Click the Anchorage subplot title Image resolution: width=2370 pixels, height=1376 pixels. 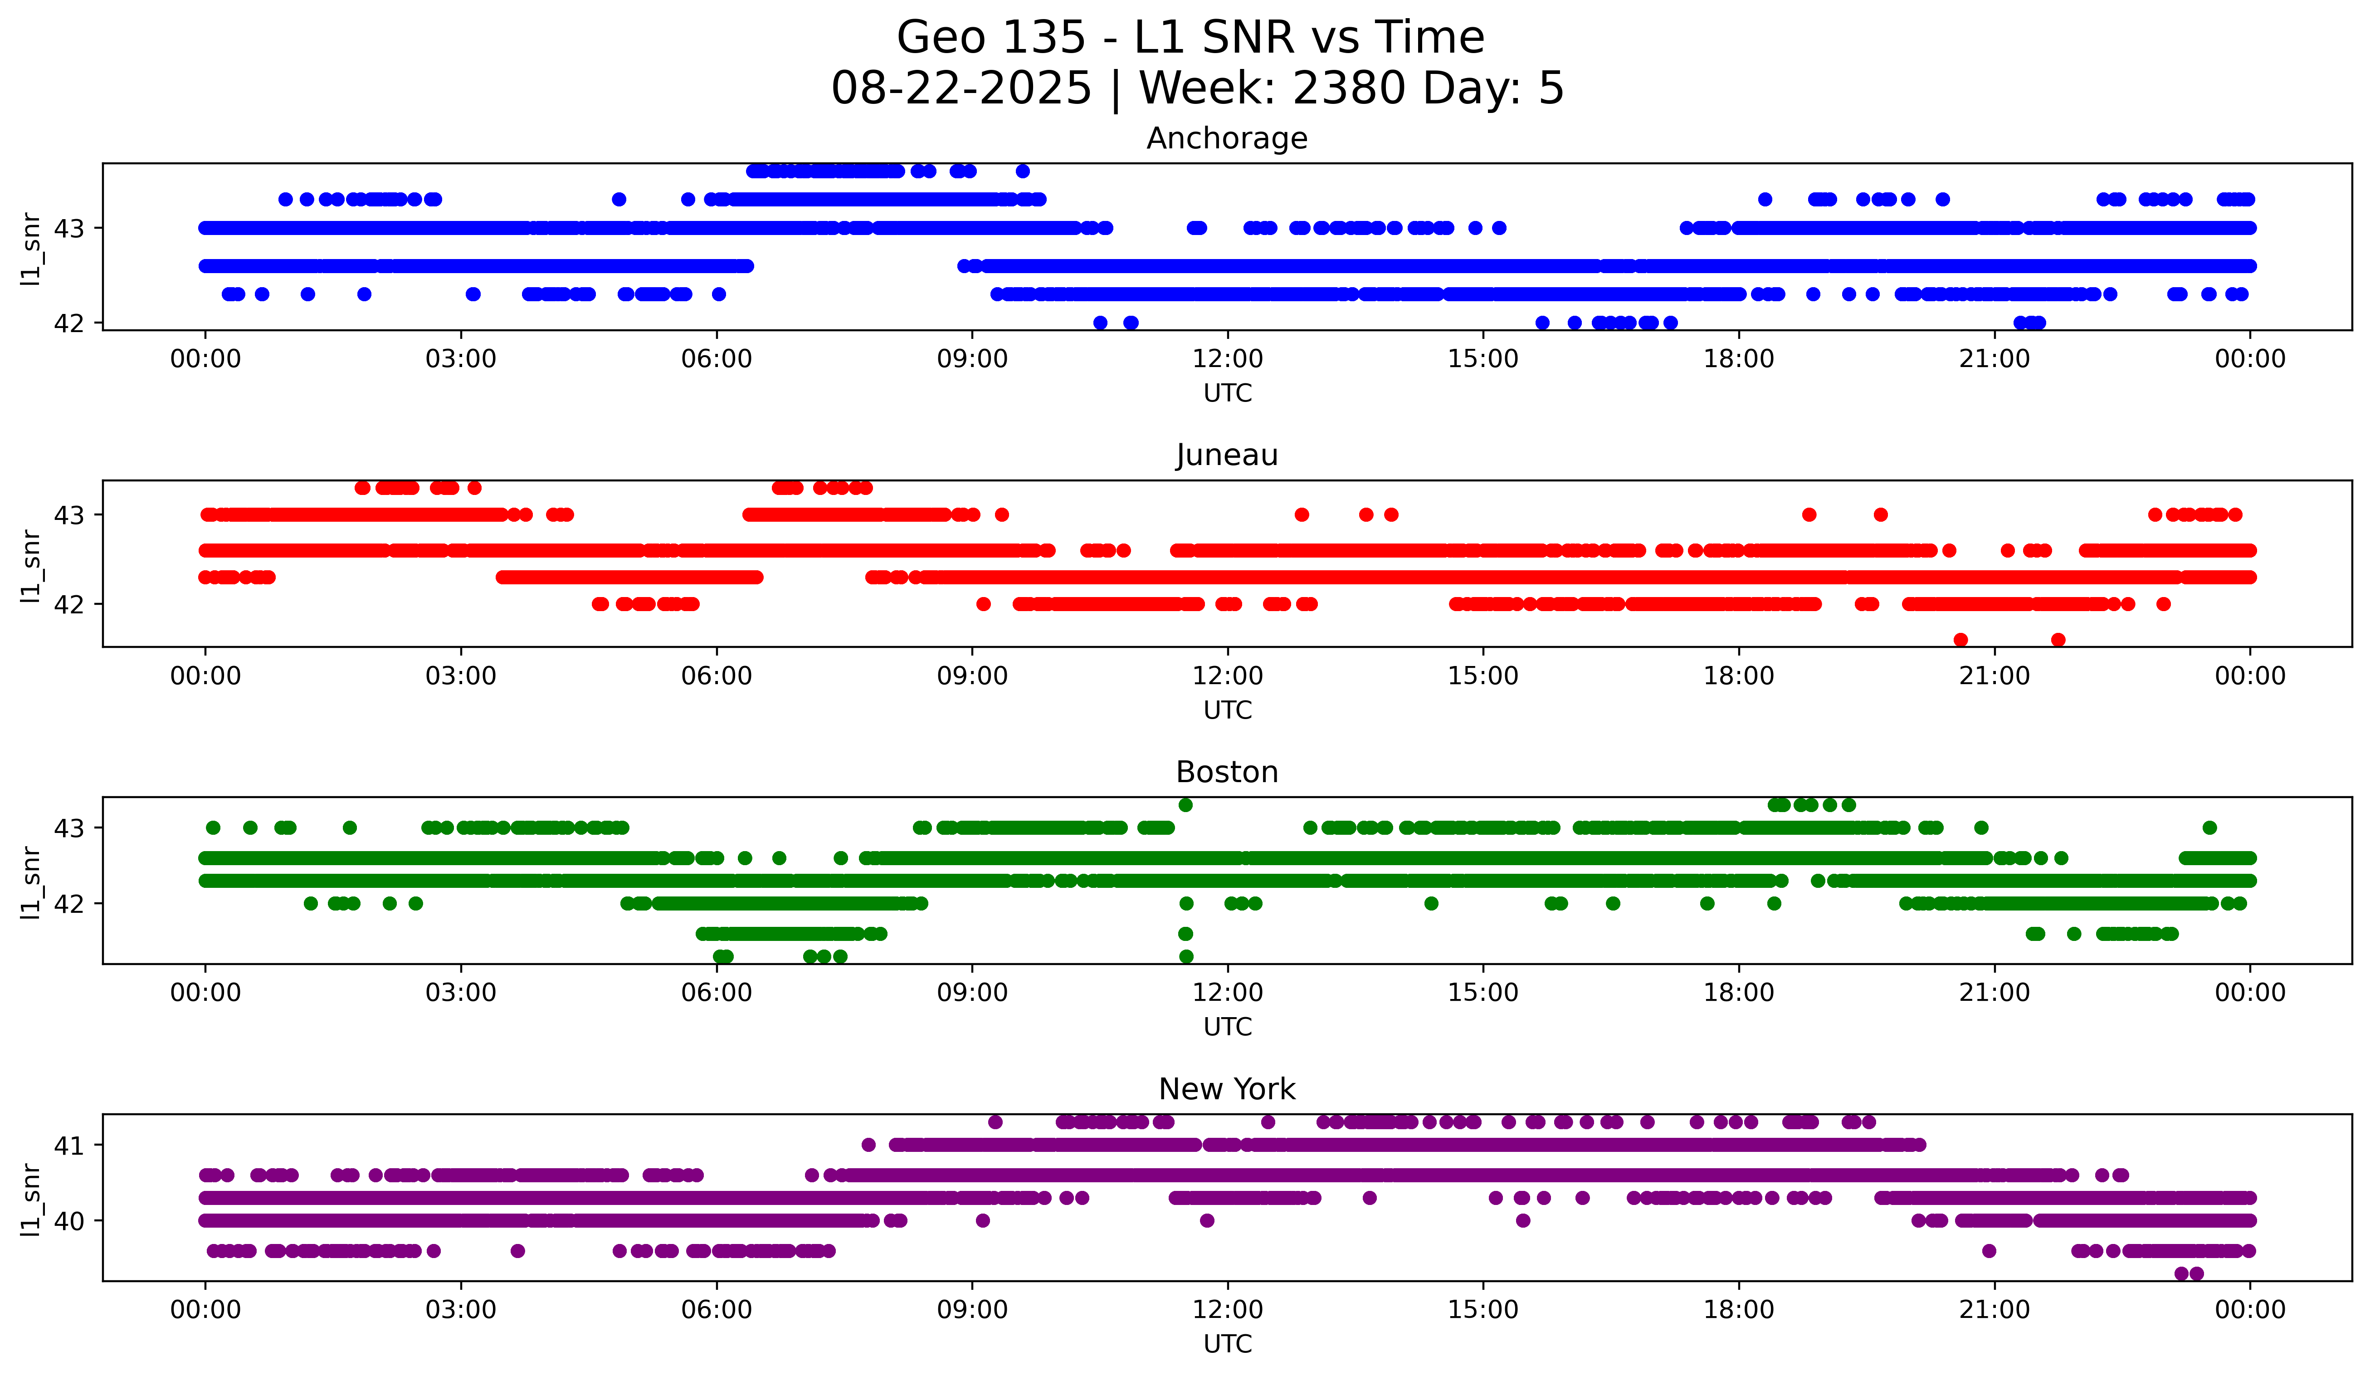point(1226,138)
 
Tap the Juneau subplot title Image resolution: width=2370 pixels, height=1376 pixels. point(1226,455)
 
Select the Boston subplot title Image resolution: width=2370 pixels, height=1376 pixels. point(1226,772)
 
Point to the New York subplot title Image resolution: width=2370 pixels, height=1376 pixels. point(1226,1089)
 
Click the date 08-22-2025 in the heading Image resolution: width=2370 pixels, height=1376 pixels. point(961,88)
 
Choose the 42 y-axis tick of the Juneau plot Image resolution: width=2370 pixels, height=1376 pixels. point(68,604)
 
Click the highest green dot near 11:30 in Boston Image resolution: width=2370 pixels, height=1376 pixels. point(1186,805)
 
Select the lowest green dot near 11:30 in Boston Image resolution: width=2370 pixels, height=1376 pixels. point(1186,956)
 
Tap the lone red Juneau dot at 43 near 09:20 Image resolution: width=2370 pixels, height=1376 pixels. point(1002,514)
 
